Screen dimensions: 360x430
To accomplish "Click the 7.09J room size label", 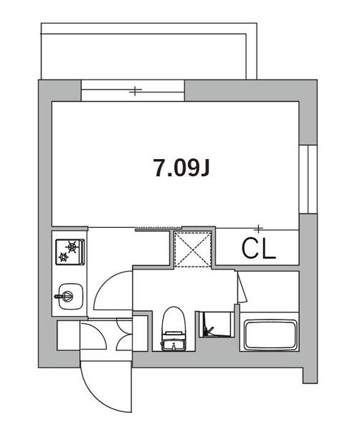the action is tap(181, 168).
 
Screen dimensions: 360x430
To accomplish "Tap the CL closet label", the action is tap(258, 249).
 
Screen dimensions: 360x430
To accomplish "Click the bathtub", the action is tap(270, 335).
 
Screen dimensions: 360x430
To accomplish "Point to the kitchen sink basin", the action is tap(70, 296).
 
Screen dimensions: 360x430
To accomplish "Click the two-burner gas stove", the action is tap(70, 252).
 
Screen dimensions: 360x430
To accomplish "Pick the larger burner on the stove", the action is tap(72, 247).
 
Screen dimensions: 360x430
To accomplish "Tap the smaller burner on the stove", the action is tap(64, 257).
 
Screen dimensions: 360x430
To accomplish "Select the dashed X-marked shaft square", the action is tap(193, 249).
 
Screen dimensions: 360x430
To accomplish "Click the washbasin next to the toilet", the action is tap(216, 325).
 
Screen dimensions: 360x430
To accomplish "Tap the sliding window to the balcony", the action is tap(133, 90).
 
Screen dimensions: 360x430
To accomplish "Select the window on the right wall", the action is tap(308, 179).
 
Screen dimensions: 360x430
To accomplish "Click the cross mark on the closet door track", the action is tap(258, 228).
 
